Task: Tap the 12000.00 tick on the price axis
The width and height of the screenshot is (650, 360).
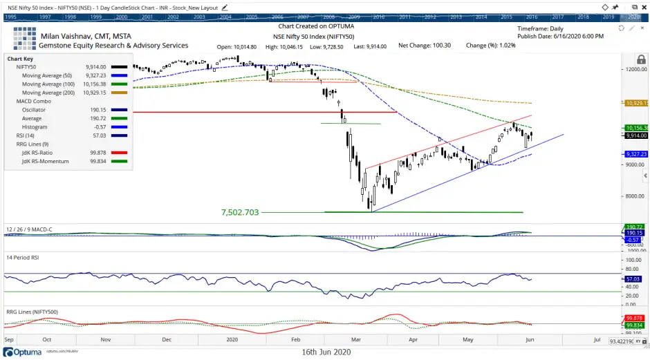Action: click(x=635, y=69)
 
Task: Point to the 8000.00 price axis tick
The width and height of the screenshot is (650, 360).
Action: click(x=635, y=196)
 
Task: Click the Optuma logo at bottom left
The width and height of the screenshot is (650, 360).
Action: click(x=22, y=352)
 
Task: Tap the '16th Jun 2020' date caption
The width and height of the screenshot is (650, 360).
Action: click(x=326, y=352)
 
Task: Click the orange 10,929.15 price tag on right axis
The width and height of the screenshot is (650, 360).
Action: click(x=635, y=102)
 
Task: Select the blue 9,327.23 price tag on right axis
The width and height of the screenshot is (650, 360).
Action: click(x=635, y=154)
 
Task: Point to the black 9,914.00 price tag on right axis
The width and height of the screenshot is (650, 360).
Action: click(x=635, y=135)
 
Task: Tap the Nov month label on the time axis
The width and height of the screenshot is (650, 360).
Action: click(x=106, y=340)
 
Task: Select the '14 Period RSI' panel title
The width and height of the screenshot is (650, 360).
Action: click(x=25, y=257)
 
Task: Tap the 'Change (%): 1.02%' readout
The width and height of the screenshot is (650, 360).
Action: click(x=491, y=46)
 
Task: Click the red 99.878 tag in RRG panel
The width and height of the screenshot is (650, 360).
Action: click(x=635, y=318)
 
